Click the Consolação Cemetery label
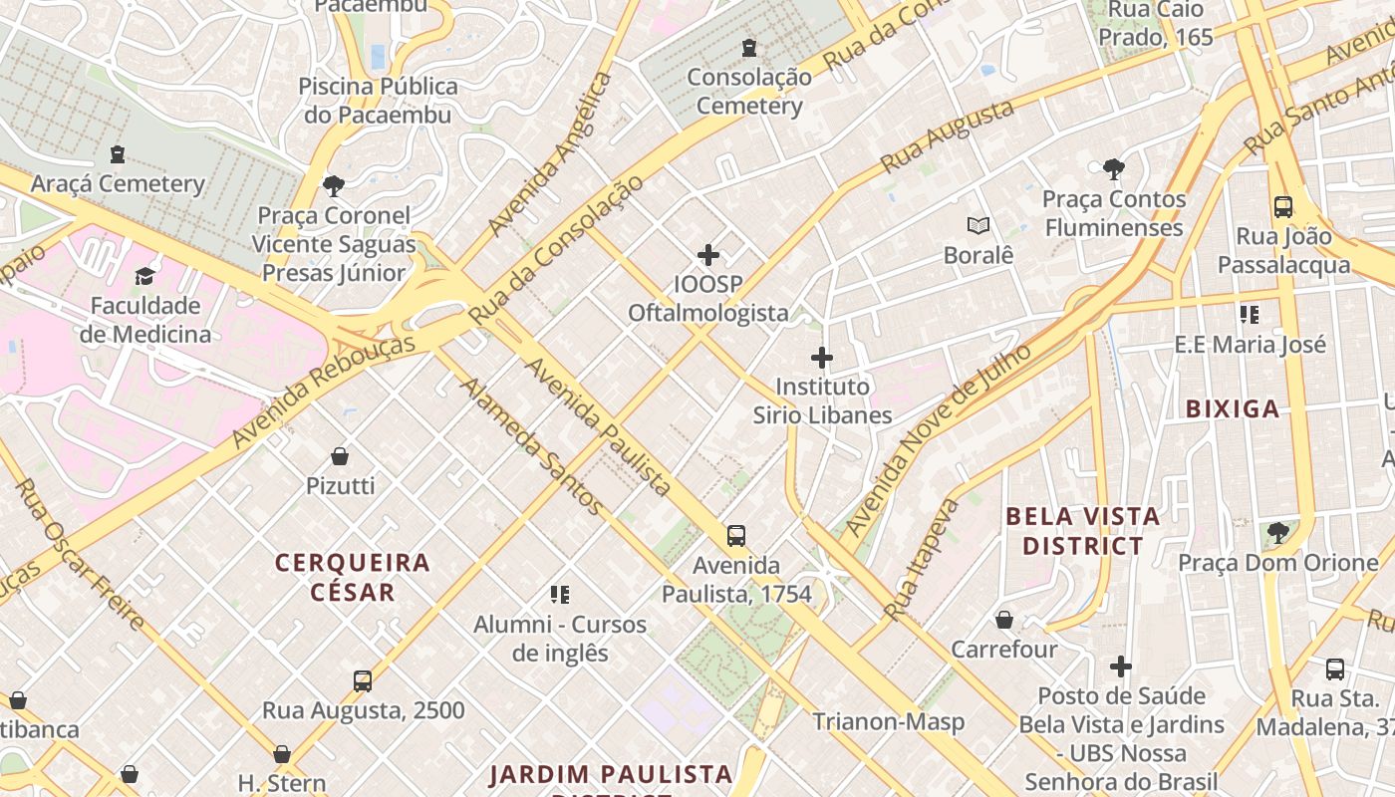(748, 91)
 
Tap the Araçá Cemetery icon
(118, 154)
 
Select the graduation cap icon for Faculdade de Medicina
(145, 276)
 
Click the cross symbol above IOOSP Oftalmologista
(708, 255)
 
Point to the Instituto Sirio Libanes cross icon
(822, 358)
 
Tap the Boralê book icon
(978, 226)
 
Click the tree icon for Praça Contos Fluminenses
(1114, 169)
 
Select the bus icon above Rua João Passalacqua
(1283, 207)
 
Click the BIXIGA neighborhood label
(1233, 408)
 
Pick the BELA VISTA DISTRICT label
(1083, 531)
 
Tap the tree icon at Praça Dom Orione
(1278, 533)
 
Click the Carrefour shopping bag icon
(1004, 620)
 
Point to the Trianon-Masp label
(888, 721)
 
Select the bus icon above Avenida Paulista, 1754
(736, 536)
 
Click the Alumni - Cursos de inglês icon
(560, 595)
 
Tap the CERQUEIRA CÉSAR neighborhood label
(353, 577)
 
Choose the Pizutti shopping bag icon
(340, 456)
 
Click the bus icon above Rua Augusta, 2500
(363, 681)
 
